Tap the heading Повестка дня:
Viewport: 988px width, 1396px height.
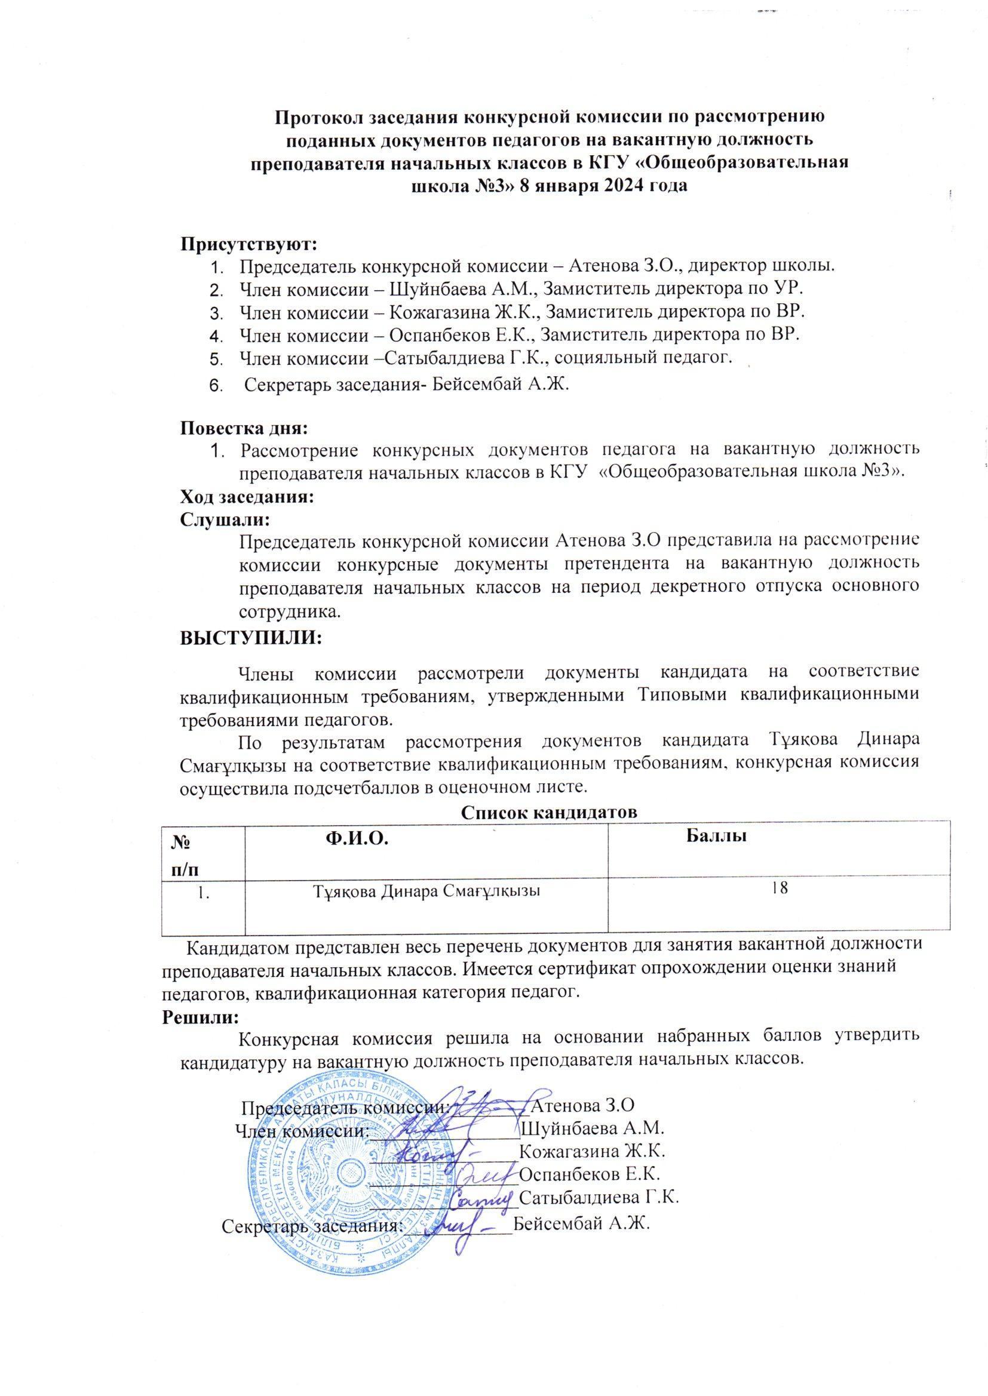244,428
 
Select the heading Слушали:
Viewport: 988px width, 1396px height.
225,520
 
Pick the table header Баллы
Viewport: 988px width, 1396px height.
717,836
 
